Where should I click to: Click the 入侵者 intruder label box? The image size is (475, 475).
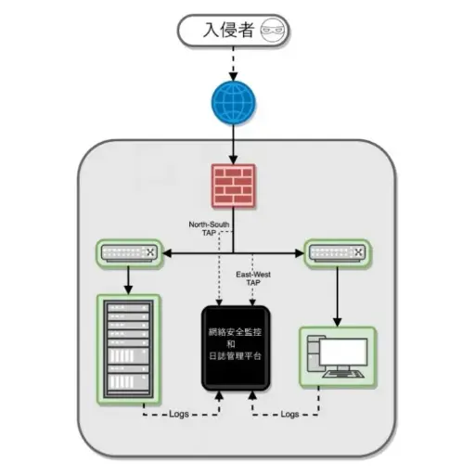click(x=233, y=31)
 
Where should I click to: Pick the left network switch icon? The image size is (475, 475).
click(x=131, y=252)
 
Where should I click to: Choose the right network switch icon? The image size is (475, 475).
click(x=336, y=252)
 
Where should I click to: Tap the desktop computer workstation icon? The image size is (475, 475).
click(x=337, y=356)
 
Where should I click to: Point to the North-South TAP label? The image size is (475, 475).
click(x=209, y=228)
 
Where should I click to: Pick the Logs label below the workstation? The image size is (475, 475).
click(x=289, y=414)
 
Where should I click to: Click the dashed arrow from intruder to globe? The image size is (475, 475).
click(x=232, y=62)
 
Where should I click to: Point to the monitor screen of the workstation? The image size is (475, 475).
click(x=347, y=351)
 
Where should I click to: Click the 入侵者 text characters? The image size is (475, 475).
click(x=227, y=31)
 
